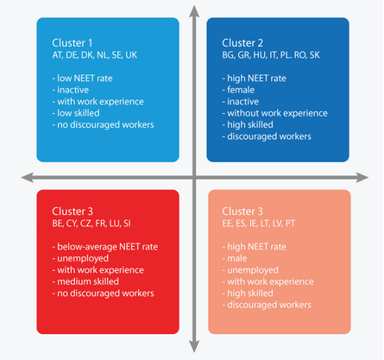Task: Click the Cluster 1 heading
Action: [72, 43]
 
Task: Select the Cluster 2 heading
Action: [242, 43]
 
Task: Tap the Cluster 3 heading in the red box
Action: [72, 212]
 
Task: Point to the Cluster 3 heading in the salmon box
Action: [242, 212]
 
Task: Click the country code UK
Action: [131, 55]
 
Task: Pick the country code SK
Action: [315, 55]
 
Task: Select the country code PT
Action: [290, 224]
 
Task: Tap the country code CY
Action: [72, 224]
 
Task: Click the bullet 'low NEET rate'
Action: [82, 79]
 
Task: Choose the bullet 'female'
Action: [238, 90]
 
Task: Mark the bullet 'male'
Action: [235, 258]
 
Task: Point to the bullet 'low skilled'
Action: [76, 113]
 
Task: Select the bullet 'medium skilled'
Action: [85, 281]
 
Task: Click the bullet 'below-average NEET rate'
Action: [105, 247]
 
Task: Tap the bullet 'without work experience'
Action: [274, 113]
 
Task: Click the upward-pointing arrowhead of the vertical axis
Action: [194, 11]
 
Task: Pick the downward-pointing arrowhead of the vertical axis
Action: [194, 346]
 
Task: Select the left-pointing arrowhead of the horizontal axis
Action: [28, 178]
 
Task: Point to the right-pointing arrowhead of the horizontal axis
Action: [362, 178]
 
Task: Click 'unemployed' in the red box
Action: [80, 258]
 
